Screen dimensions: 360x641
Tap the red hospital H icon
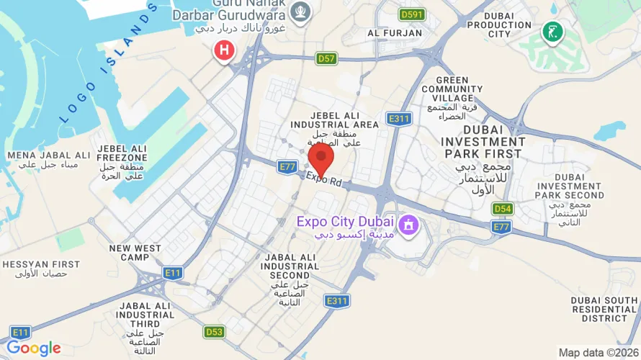click(225, 50)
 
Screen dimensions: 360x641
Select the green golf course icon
click(552, 32)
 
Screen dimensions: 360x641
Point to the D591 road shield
click(413, 14)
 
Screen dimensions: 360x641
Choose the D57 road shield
click(326, 58)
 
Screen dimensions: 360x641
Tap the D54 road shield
click(502, 209)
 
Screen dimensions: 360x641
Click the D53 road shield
click(214, 332)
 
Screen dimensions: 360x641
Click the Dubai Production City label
click(508, 24)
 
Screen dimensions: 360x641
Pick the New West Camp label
click(135, 253)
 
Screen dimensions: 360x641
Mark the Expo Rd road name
click(323, 178)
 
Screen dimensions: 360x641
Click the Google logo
click(33, 348)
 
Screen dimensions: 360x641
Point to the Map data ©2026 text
click(597, 353)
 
